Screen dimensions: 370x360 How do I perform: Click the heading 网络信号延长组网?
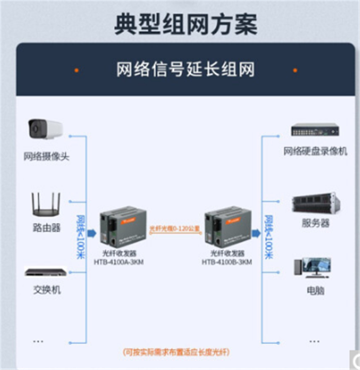(185, 70)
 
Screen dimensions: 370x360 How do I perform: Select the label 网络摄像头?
(47, 157)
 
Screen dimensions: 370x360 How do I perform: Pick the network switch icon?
(45, 272)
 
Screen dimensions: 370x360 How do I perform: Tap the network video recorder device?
(315, 130)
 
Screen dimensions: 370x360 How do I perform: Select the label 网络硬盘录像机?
(315, 152)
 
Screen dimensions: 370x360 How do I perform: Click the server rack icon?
(315, 203)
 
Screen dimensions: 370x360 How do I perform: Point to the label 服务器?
(315, 223)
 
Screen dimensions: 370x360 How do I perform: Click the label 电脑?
(315, 291)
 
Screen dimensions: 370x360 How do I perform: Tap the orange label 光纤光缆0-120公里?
(175, 228)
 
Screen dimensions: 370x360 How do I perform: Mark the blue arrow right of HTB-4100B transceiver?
(256, 233)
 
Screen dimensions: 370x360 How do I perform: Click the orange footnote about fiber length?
(179, 352)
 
